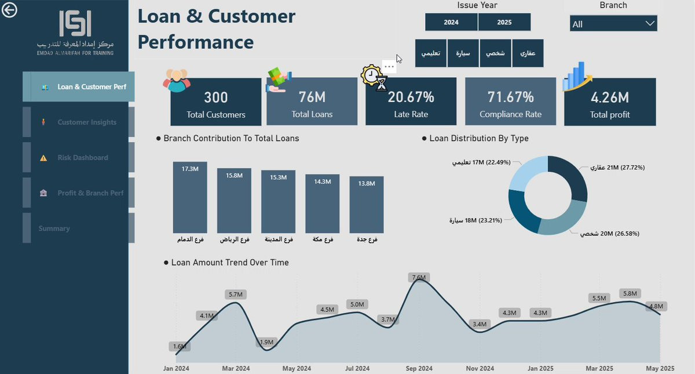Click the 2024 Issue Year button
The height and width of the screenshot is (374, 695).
451,22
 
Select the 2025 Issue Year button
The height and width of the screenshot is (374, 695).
504,22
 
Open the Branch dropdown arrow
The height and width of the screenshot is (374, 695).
650,24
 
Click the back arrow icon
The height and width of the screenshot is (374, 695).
10,10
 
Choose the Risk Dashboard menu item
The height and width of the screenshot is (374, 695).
82,158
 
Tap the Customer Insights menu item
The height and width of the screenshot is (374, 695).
87,122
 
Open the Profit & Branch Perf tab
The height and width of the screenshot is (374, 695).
90,193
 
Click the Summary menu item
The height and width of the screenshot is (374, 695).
54,228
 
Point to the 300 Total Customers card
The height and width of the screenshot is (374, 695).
215,102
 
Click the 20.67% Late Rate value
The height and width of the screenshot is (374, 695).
411,97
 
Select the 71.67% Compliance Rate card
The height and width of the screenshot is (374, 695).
510,102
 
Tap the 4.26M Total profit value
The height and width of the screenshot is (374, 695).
609,97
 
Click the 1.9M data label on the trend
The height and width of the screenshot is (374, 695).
266,342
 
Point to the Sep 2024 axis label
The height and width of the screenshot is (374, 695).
419,368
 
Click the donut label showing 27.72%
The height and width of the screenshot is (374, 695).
617,168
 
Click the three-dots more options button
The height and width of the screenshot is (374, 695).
389,67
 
